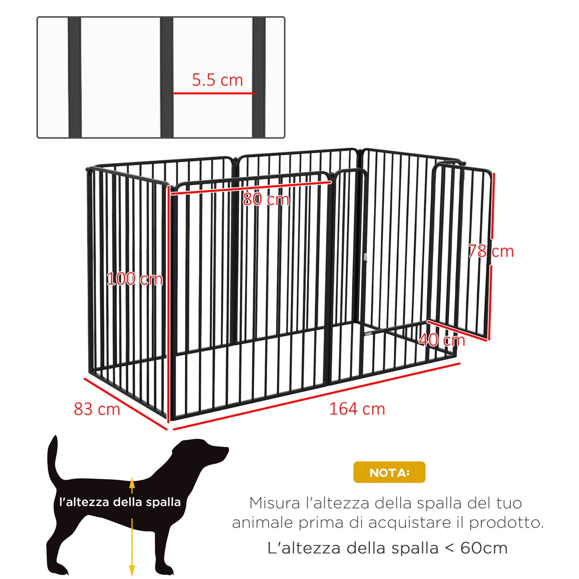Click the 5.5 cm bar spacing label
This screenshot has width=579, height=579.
point(217,80)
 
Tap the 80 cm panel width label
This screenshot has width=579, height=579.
point(266,199)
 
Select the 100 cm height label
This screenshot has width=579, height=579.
point(134,279)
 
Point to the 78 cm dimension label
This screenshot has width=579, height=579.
point(490,251)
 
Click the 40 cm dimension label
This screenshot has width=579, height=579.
point(442,340)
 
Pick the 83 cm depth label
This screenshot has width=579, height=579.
point(97,409)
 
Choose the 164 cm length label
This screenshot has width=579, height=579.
point(357,409)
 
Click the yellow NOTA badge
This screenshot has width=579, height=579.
point(389,472)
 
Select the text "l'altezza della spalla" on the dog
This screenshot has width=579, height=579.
point(120,502)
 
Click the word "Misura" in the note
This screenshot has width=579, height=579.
point(275,503)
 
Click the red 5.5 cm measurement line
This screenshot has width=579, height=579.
point(213,93)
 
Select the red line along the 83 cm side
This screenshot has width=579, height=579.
point(125,403)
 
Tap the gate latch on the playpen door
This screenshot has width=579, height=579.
point(366,258)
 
